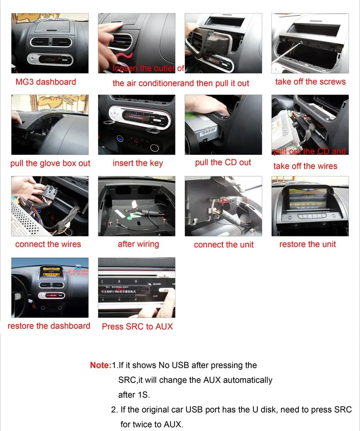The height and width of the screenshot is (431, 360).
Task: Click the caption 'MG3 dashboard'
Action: coord(45,82)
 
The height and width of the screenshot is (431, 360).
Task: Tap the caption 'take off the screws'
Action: coord(310,82)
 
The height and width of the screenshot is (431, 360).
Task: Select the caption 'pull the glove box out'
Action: coord(50,163)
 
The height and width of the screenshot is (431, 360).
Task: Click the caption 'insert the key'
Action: coord(138,163)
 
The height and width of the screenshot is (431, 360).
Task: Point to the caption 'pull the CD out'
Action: coord(223,162)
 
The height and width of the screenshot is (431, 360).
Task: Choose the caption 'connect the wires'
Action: coord(48,244)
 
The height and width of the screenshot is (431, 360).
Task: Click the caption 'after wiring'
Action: coord(138,244)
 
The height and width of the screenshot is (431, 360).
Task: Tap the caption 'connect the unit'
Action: coord(224,245)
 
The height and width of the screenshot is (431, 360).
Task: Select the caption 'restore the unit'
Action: coord(307,244)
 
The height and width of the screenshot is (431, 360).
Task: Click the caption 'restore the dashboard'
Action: coord(49,326)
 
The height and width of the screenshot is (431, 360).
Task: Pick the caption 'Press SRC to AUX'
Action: coord(137,326)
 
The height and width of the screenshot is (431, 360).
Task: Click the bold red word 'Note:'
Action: coord(100,365)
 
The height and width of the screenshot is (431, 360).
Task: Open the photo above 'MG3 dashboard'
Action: coord(50,43)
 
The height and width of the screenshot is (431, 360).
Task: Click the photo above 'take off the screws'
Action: coord(310,43)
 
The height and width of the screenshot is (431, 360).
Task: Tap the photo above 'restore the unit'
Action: coord(310,206)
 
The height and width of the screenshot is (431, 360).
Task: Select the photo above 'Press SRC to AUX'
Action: coord(136,287)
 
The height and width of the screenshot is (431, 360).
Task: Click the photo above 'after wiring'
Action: coord(136,206)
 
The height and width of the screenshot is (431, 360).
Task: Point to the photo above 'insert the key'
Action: coord(136,125)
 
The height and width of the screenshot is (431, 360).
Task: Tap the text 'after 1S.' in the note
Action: coord(134,395)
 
